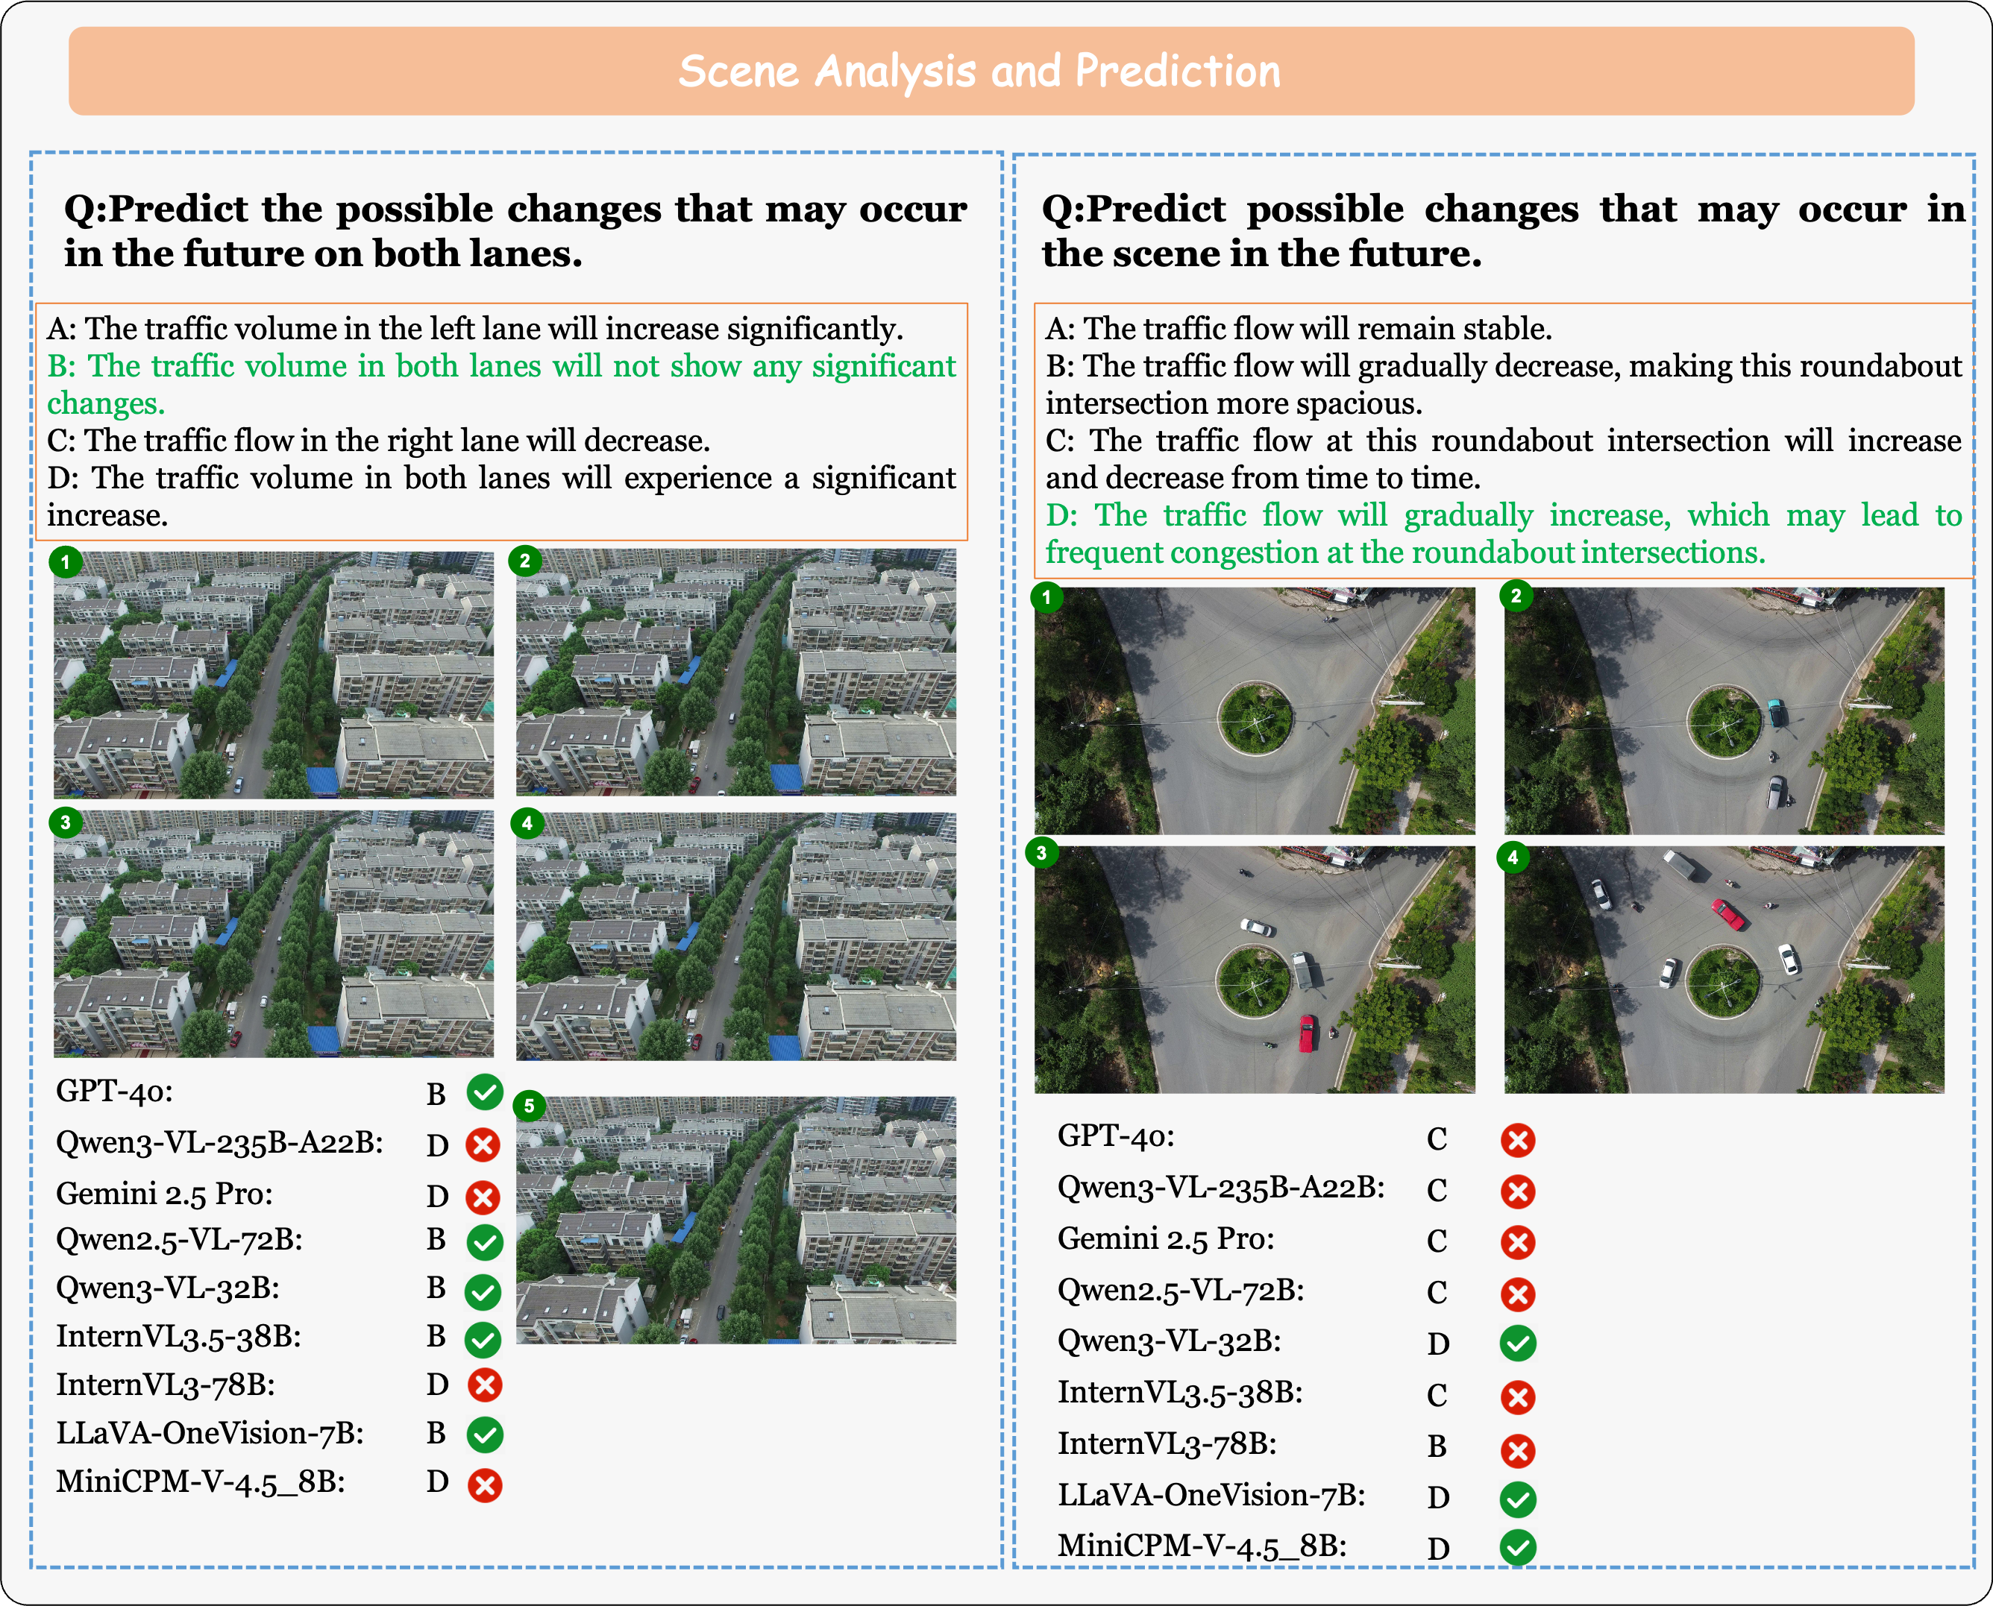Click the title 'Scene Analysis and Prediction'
pos(979,72)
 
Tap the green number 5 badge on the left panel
pos(530,1106)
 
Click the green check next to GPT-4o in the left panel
pos(484,1092)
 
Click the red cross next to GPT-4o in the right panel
pos(1517,1140)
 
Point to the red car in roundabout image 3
pos(1307,1033)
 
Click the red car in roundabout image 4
pos(1728,914)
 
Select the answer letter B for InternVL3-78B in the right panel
pos(1437,1446)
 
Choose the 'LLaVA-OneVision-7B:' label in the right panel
pos(1211,1495)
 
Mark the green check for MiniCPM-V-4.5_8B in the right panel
pos(1517,1547)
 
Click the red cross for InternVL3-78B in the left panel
pos(485,1385)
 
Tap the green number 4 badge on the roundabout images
pos(1513,857)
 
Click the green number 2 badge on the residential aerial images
pos(524,561)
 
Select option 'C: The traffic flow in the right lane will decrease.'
pos(378,441)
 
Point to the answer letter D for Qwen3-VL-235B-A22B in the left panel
pos(438,1145)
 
